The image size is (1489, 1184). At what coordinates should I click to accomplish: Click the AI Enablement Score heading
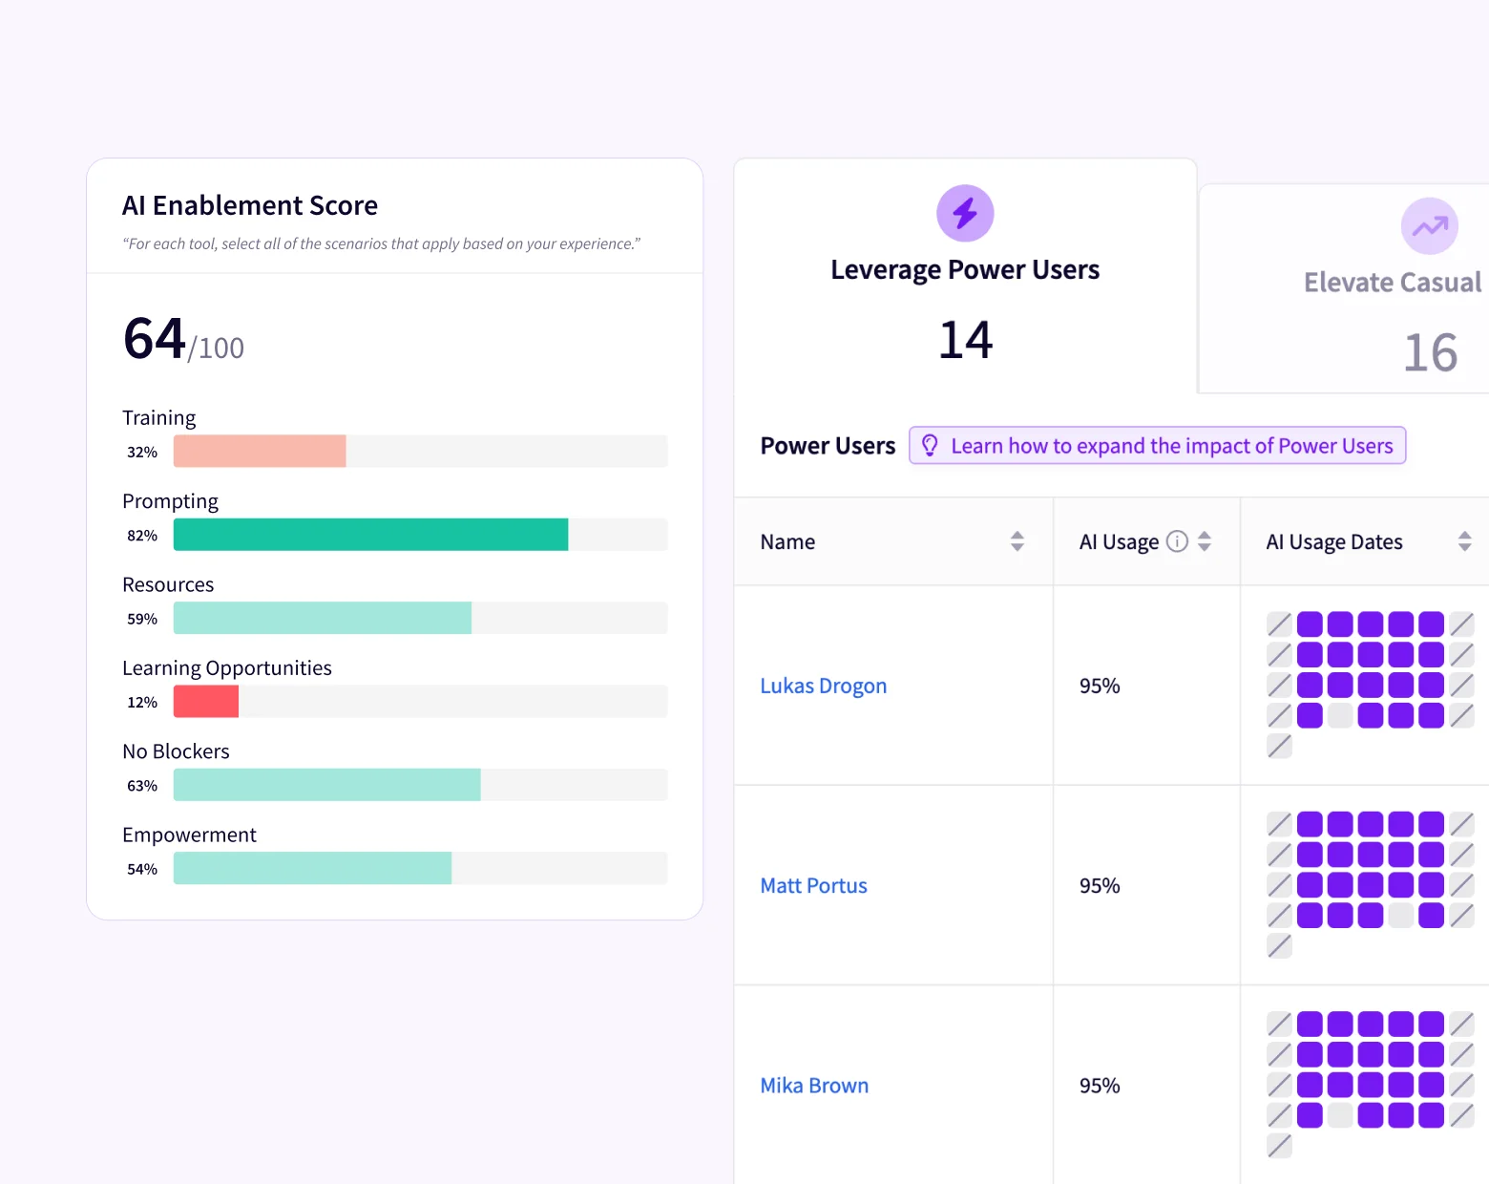point(250,205)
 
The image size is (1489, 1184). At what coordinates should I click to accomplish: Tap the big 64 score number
point(155,339)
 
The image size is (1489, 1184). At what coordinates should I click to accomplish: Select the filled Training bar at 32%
point(260,451)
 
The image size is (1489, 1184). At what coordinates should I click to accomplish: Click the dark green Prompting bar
point(370,535)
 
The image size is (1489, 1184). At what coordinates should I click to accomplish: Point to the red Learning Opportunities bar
point(206,702)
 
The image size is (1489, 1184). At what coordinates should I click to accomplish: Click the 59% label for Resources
point(142,619)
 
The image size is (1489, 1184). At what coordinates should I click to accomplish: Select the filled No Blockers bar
point(326,785)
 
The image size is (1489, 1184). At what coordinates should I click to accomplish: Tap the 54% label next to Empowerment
point(142,869)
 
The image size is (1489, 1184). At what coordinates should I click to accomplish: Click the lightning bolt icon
point(965,213)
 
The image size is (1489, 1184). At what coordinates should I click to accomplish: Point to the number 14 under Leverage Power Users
point(965,341)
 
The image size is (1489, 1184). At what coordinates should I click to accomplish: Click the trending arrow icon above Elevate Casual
point(1429,226)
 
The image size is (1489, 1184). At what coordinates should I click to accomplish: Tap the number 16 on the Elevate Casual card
point(1430,353)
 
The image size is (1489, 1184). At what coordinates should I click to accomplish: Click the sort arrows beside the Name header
point(1017,541)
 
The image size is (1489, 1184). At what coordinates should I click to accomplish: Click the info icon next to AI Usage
point(1177,541)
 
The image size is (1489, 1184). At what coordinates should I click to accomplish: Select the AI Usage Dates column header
point(1333,542)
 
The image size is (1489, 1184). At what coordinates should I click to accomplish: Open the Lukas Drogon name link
point(823,686)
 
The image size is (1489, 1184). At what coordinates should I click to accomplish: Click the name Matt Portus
point(813,885)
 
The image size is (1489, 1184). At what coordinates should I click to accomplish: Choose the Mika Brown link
point(814,1086)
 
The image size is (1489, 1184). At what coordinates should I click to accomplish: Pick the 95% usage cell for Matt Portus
point(1100,885)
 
